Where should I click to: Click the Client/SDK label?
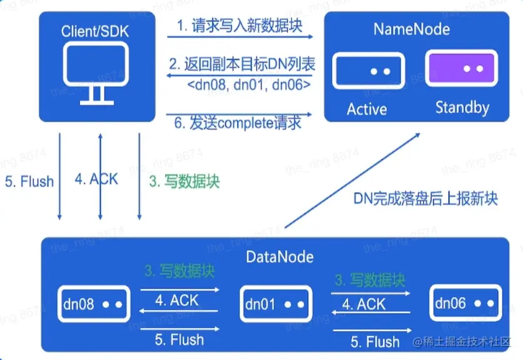pos(96,31)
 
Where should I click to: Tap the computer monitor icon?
pos(95,72)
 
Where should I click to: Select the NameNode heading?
pos(411,29)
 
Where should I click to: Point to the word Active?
pos(367,109)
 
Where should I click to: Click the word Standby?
pos(462,108)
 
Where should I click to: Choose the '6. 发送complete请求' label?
pos(237,123)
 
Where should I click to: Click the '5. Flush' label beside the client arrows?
pos(29,182)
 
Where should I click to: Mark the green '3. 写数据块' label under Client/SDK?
pos(184,182)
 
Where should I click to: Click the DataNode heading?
pos(280,257)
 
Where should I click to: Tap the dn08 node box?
pos(93,304)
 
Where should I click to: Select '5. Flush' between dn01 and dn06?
pos(375,342)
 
